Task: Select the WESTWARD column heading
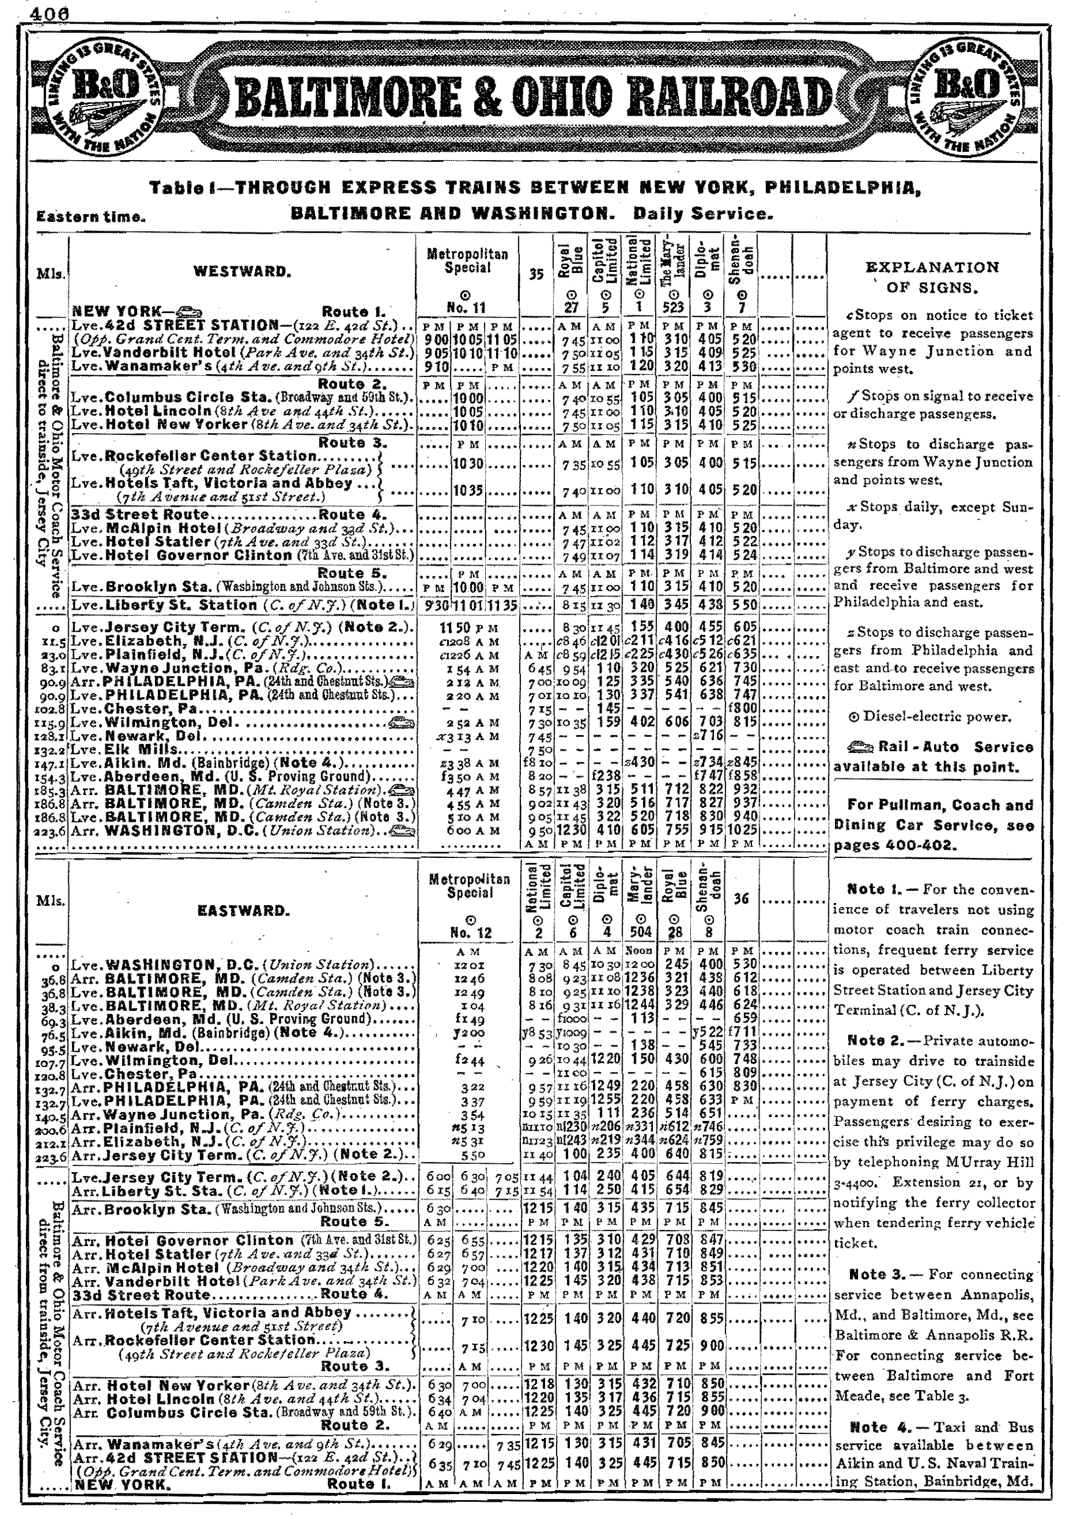pyautogui.click(x=241, y=271)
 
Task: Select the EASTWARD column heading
pyautogui.click(x=243, y=910)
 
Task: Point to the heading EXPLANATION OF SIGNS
pyautogui.click(x=932, y=277)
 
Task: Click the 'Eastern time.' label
pyautogui.click(x=91, y=217)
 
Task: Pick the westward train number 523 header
pyautogui.click(x=674, y=308)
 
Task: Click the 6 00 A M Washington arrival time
pyautogui.click(x=465, y=830)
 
